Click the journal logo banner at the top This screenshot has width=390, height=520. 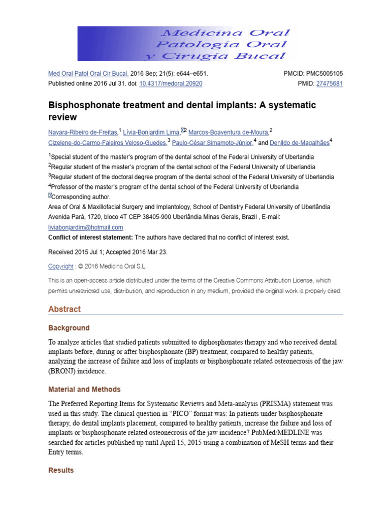[x=184, y=44]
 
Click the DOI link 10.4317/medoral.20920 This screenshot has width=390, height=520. [x=171, y=84]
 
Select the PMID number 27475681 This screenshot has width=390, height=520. [x=329, y=84]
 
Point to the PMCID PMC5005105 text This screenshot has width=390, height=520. [x=313, y=74]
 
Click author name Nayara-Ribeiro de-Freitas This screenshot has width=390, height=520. [x=83, y=133]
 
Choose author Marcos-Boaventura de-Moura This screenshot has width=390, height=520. [x=228, y=133]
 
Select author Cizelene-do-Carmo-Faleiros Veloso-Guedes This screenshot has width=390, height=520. [x=107, y=143]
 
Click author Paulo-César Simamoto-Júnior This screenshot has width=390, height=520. [x=212, y=143]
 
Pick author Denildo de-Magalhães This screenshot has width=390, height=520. [x=299, y=143]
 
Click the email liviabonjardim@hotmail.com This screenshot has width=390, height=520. [x=85, y=227]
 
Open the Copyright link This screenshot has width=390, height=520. [x=60, y=266]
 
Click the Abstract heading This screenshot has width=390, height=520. [x=64, y=309]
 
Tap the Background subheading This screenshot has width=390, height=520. [x=69, y=328]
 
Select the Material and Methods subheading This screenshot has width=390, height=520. [x=84, y=389]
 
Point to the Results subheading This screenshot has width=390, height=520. [x=61, y=470]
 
